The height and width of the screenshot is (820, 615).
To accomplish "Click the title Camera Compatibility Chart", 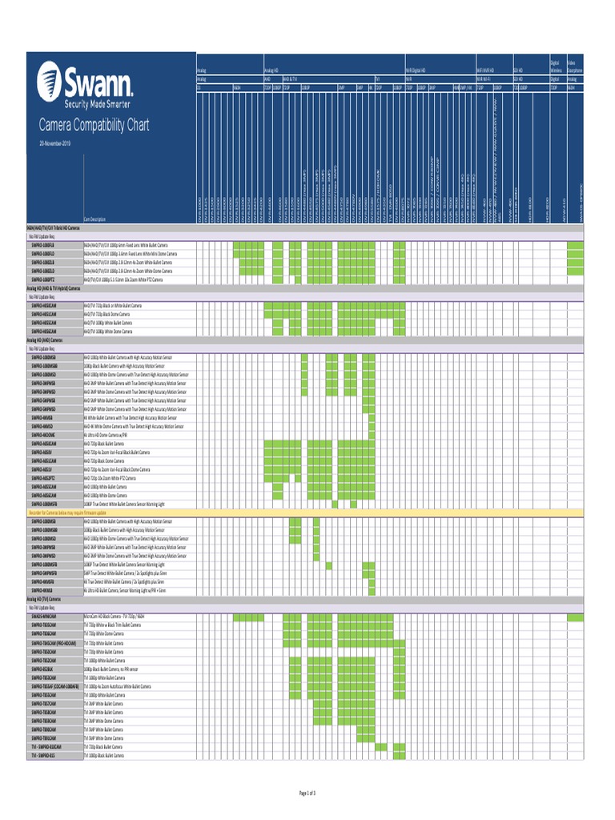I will tap(94, 126).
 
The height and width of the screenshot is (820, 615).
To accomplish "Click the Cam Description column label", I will tap(94, 219).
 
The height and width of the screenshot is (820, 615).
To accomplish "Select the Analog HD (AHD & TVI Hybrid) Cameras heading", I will tap(53, 287).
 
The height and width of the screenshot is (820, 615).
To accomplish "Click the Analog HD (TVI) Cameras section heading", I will tap(45, 597).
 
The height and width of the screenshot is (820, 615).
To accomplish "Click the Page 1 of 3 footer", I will tap(307, 793).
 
